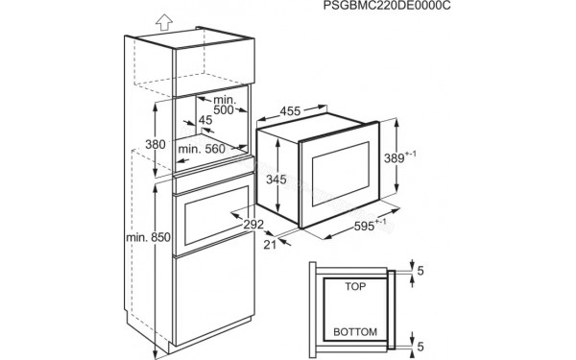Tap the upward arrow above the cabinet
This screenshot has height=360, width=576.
[x=163, y=18]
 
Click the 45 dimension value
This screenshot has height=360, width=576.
[x=205, y=120]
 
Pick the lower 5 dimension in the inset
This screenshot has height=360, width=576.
[x=420, y=345]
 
